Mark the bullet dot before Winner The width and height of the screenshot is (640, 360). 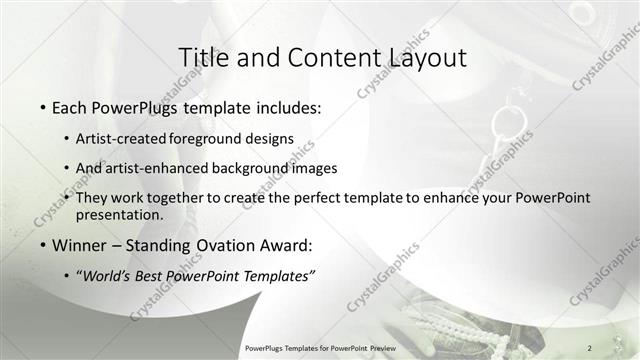[x=44, y=245]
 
